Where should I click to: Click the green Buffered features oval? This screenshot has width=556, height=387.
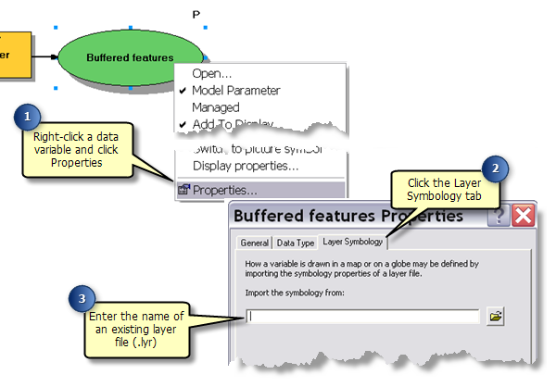click(130, 56)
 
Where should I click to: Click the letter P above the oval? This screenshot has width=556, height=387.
click(196, 14)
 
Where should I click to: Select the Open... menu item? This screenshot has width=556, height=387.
click(212, 73)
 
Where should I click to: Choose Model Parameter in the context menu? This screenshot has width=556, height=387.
click(235, 91)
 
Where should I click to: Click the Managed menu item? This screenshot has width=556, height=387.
click(215, 107)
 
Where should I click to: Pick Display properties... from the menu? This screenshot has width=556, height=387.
click(245, 166)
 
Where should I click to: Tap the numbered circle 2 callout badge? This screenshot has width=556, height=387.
click(498, 169)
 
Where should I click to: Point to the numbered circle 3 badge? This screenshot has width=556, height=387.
click(84, 299)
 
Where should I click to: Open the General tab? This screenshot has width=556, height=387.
click(254, 243)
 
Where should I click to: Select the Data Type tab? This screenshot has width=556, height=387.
click(296, 243)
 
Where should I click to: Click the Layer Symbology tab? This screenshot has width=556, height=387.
click(352, 243)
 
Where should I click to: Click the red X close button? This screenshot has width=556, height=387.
click(523, 217)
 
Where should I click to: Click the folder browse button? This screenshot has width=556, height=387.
click(496, 317)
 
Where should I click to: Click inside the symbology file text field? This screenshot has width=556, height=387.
click(361, 317)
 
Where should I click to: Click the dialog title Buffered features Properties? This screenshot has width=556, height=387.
click(348, 217)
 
